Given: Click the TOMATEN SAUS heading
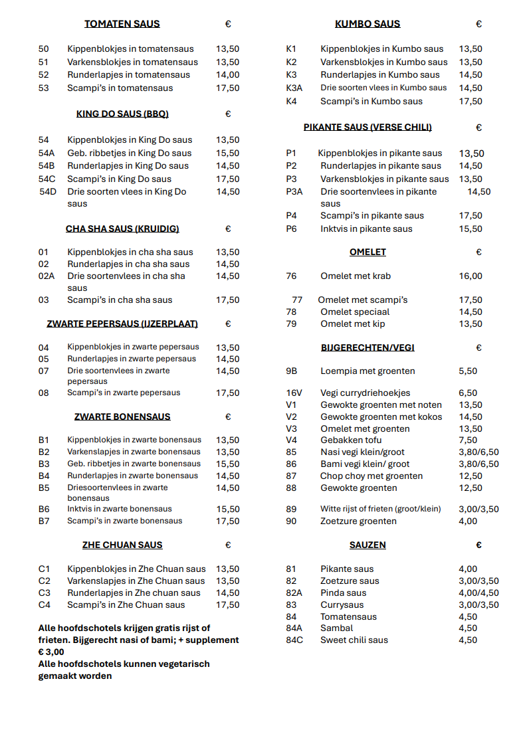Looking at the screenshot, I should (x=122, y=24).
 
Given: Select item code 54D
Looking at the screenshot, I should (x=48, y=192).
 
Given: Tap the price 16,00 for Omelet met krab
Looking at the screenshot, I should (x=471, y=276).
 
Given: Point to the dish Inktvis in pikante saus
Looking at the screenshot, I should (x=366, y=229).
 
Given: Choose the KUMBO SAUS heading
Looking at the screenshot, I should (x=367, y=24).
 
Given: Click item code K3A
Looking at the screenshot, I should (x=294, y=88).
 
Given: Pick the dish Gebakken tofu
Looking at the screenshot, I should (x=351, y=440).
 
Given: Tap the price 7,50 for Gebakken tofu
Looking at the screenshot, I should (x=468, y=440).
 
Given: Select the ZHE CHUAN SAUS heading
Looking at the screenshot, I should (x=122, y=545).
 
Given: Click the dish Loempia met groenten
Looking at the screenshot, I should (x=367, y=371).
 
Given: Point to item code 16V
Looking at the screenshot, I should (x=294, y=393).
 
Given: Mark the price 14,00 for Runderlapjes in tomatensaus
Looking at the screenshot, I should (x=228, y=75).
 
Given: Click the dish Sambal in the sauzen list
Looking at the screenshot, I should (x=336, y=628).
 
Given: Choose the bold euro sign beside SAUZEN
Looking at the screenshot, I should (x=478, y=545).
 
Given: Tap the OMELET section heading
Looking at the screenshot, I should (x=367, y=252).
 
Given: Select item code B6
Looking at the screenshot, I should (x=44, y=510).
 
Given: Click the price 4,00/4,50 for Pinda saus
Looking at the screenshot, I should (x=478, y=593).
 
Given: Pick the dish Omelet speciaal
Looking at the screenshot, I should (x=355, y=312).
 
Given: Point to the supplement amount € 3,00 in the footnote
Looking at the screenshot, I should (x=51, y=652).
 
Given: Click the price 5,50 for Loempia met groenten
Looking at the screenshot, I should (x=468, y=371).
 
